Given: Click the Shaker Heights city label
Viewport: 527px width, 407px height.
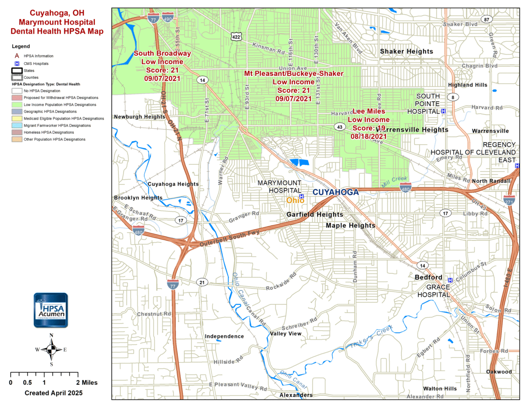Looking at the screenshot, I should [x=406, y=52].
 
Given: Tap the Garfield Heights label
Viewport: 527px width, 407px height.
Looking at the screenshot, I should [x=315, y=214].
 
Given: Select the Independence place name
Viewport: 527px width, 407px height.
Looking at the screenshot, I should [x=224, y=336].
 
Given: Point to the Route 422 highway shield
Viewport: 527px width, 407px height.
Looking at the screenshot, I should [x=236, y=37].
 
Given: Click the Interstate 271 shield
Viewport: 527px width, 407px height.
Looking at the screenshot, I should [x=509, y=200].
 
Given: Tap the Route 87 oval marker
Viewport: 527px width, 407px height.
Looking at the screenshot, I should [x=487, y=20].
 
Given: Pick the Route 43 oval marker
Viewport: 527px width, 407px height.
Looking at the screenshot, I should [x=340, y=127].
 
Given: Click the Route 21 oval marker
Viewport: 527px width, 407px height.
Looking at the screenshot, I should [x=202, y=282].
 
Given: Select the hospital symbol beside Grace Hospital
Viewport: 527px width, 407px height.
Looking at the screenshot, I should [x=450, y=280].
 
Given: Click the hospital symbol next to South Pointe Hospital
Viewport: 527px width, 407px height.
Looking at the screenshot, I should [x=443, y=111].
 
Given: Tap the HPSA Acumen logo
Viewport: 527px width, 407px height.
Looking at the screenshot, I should [x=51, y=310].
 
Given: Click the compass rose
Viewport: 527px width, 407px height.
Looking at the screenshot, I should [x=51, y=349].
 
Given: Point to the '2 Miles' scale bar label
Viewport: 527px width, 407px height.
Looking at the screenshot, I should [x=87, y=383].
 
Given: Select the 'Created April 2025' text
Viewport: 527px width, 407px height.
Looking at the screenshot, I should [x=54, y=393].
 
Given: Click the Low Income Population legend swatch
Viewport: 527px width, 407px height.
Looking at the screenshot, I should [x=17, y=105].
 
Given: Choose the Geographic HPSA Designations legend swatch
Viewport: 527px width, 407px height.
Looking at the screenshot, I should [x=17, y=112].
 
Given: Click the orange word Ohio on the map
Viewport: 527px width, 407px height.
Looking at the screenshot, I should [x=295, y=200].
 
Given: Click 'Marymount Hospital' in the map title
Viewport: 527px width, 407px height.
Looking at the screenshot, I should [x=57, y=22].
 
